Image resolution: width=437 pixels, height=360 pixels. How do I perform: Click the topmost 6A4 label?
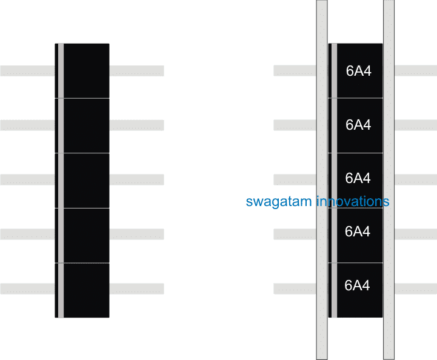coord(358,71)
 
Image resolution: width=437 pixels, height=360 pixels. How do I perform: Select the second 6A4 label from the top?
coord(358,125)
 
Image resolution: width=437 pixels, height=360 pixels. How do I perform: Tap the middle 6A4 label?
coord(358,178)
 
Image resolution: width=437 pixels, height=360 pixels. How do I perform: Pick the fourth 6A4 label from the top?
coord(358,231)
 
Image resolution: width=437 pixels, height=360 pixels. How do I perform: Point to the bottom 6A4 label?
coord(357,285)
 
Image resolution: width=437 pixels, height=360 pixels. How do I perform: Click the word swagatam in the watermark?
coord(279,202)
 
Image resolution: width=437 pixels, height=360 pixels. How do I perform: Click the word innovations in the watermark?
coord(353,201)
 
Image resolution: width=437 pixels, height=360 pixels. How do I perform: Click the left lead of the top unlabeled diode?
coord(27,71)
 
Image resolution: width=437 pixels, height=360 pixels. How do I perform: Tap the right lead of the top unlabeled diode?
coord(136,71)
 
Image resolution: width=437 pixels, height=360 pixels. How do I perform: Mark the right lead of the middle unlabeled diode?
coord(136,180)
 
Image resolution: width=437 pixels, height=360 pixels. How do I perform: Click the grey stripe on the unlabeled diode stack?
coord(61,181)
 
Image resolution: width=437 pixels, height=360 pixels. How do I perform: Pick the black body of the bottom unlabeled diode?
coord(86,290)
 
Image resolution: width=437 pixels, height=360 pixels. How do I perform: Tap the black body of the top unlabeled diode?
coord(86,71)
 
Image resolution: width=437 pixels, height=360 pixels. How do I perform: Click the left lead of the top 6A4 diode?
coord(294,71)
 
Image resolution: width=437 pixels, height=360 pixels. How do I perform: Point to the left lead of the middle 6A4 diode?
coord(294,180)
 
